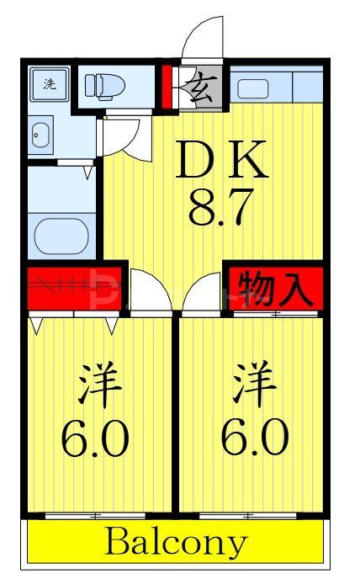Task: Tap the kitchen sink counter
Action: pos(277,86)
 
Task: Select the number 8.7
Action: pos(221,209)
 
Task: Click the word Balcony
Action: pos(176,541)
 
